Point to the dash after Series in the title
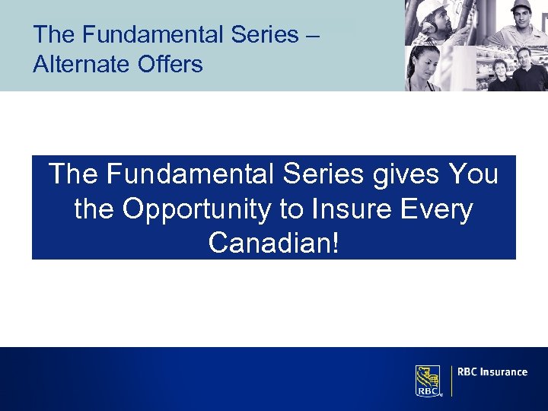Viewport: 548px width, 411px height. click(312, 35)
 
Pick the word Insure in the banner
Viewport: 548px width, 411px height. click(349, 209)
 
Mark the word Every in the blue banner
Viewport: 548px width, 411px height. click(437, 209)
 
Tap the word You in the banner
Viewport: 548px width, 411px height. click(474, 175)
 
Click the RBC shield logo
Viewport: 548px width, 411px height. click(428, 380)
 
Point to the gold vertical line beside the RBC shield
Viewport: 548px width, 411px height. click(451, 381)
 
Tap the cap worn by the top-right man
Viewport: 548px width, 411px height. click(521, 6)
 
